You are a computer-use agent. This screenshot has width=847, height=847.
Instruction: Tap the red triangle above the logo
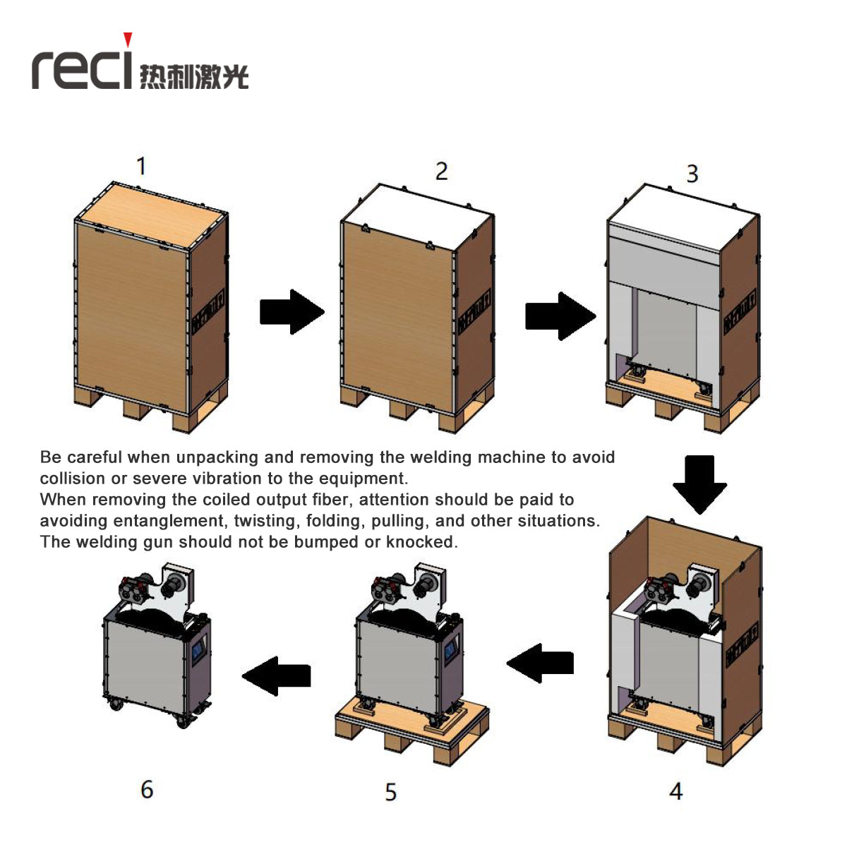[x=128, y=40]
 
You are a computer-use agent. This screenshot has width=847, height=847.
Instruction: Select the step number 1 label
[x=141, y=166]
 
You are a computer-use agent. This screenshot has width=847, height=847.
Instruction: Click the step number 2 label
[x=441, y=171]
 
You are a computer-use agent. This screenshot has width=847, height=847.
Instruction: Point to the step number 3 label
[x=692, y=174]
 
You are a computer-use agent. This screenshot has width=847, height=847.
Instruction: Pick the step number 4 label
[x=675, y=791]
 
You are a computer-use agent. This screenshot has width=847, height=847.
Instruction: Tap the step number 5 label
[x=390, y=792]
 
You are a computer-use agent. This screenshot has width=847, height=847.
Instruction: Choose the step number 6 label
[x=147, y=789]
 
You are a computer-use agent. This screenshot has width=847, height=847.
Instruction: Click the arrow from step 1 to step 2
[x=291, y=311]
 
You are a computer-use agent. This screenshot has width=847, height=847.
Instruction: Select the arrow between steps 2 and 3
[x=559, y=316]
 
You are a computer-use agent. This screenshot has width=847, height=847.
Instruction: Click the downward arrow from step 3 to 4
[x=699, y=483]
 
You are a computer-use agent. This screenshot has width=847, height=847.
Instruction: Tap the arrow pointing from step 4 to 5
[x=541, y=663]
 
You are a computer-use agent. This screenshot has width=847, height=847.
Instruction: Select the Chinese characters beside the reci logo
[x=194, y=76]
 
